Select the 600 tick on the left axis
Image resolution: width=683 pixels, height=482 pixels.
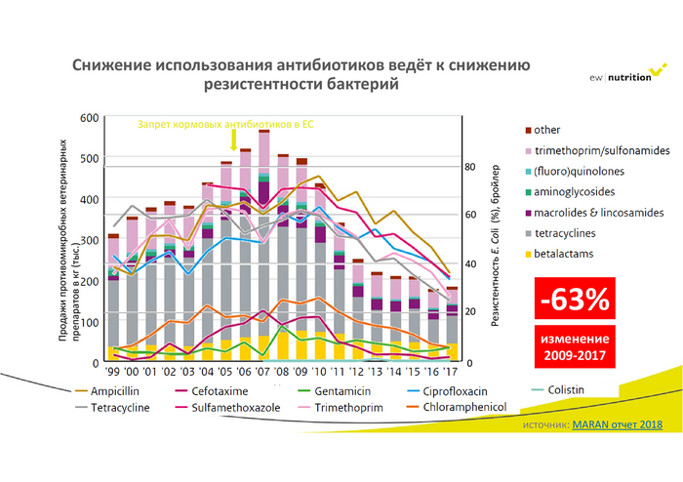coord(90,118)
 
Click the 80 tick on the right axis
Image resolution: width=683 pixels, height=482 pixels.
coord(469,167)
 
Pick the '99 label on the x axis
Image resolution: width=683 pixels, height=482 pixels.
coord(112,373)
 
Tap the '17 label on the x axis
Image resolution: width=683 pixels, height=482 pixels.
coord(451,373)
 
